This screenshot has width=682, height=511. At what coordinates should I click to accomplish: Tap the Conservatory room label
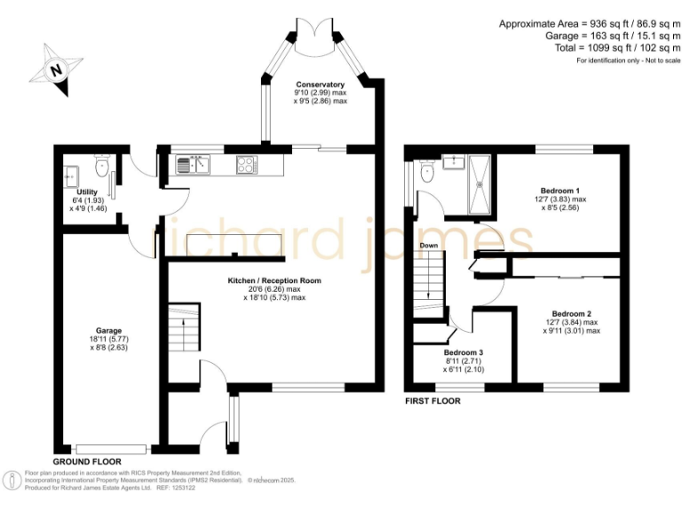click(x=320, y=85)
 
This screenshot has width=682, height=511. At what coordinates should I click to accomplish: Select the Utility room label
click(x=87, y=193)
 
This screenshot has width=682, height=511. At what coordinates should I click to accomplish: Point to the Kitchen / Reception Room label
click(x=274, y=281)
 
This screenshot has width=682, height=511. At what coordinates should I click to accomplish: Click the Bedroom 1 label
click(x=559, y=190)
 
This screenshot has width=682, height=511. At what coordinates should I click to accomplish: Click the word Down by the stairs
click(x=429, y=246)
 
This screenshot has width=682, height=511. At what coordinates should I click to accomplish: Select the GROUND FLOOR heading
click(x=87, y=462)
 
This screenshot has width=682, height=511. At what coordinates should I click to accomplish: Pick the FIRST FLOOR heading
click(x=432, y=400)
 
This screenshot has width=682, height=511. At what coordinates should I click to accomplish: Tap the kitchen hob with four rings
click(x=246, y=164)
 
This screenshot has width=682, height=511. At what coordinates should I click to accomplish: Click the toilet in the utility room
click(x=102, y=164)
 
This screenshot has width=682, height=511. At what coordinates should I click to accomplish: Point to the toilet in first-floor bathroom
click(x=426, y=174)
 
